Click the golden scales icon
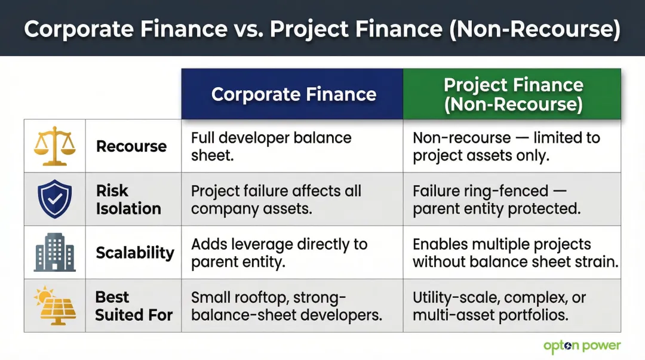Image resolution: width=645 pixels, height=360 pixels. click(54, 146)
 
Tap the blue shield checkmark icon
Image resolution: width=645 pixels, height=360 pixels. click(54, 199)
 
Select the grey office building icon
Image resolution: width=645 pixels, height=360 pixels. click(54, 252)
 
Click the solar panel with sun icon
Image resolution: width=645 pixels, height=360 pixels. click(54, 305)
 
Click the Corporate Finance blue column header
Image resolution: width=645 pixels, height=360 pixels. click(293, 94)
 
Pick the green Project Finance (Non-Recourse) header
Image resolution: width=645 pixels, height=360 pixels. click(512, 94)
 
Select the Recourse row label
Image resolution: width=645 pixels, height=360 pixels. click(131, 146)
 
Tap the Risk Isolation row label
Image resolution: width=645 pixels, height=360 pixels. click(128, 199)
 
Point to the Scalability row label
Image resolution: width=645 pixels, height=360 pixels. click(135, 253)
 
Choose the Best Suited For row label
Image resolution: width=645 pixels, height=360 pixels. click(133, 306)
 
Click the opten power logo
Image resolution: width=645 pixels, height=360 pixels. click(582, 346)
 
